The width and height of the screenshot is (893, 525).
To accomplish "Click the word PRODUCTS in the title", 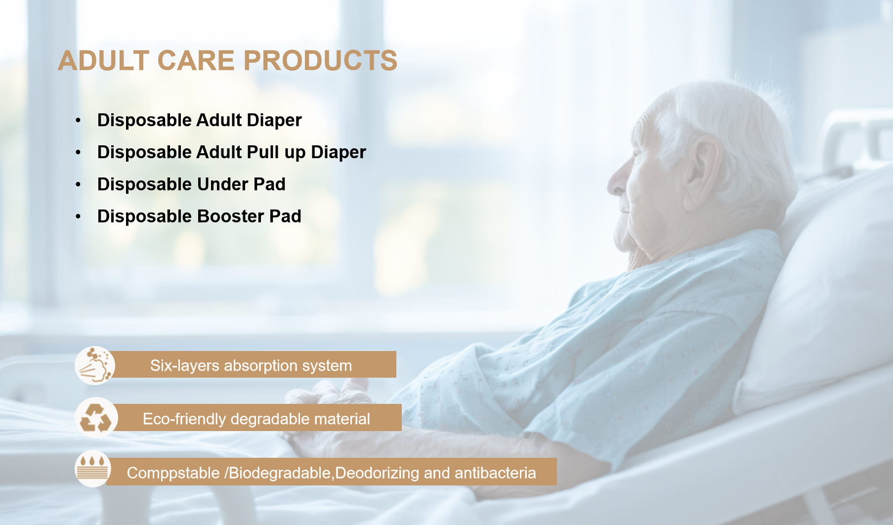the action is pos(320,60).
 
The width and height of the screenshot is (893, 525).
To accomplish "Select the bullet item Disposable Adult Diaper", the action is pos(199,120).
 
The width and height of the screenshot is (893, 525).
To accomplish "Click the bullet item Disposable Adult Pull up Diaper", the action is pos(231,152).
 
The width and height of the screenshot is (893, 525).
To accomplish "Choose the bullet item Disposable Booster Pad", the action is pos(199,217).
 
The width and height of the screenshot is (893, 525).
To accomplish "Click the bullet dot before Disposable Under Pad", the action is pos(78,184).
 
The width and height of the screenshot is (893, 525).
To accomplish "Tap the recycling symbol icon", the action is pos(96,418).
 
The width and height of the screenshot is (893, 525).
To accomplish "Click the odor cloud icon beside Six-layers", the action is pos(95,365).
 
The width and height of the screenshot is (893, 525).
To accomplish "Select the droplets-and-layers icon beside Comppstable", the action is pos(93,469).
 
